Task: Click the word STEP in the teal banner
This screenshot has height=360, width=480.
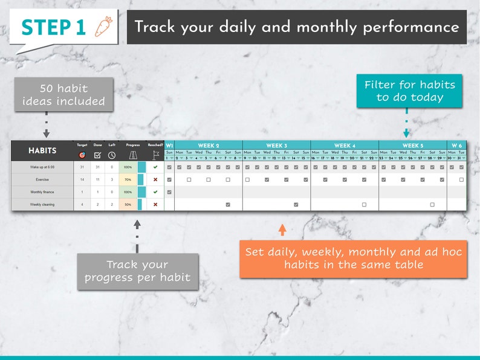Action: pyautogui.click(x=44, y=27)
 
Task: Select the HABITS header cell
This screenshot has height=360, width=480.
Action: pyautogui.click(x=42, y=150)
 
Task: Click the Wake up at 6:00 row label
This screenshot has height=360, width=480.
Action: pyautogui.click(x=42, y=167)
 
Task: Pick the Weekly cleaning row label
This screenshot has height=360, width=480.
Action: pyautogui.click(x=42, y=205)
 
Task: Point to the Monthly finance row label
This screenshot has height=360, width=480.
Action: pyautogui.click(x=42, y=192)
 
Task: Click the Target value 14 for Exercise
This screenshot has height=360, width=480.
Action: pyautogui.click(x=82, y=179)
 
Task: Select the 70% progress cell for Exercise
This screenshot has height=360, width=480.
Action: pyautogui.click(x=128, y=179)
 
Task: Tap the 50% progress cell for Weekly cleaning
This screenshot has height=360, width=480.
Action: pyautogui.click(x=128, y=205)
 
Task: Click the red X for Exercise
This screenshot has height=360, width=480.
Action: pyautogui.click(x=155, y=179)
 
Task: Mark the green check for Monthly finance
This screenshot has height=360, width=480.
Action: pyautogui.click(x=155, y=192)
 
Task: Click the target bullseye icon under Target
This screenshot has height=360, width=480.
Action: pyautogui.click(x=82, y=155)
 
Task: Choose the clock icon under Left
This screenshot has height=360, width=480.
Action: pyautogui.click(x=112, y=155)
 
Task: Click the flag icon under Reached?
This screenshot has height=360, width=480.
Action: pyautogui.click(x=155, y=155)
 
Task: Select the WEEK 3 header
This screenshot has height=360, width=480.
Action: pyautogui.click(x=276, y=146)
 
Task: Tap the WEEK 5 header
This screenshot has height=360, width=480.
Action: pyautogui.click(x=412, y=146)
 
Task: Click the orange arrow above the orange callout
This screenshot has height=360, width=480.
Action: pyautogui.click(x=282, y=230)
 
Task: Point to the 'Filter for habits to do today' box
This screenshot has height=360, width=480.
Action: pyautogui.click(x=409, y=91)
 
